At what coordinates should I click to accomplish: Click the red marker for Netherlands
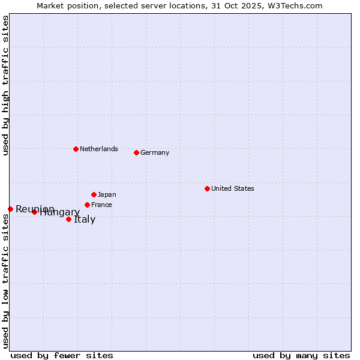(x=76, y=149)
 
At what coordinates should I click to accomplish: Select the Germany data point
(x=136, y=152)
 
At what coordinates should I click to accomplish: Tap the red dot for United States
(x=207, y=188)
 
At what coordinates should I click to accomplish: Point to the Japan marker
(x=94, y=194)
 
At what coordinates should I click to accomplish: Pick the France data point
(x=87, y=205)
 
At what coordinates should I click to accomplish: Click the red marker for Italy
(x=68, y=219)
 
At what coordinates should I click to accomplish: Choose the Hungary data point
(x=34, y=212)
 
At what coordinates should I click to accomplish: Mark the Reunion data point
(x=10, y=209)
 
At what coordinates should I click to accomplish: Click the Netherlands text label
(x=99, y=149)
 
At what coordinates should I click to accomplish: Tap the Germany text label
(x=155, y=152)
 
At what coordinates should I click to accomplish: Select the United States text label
(x=233, y=188)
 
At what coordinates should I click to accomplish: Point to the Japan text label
(x=107, y=194)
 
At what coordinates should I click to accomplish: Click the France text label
(x=101, y=205)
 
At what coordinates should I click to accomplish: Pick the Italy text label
(x=85, y=219)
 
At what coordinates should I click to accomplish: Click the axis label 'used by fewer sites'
(x=62, y=355)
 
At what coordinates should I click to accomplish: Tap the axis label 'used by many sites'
(x=301, y=355)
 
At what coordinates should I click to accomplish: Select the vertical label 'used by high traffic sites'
(x=5, y=86)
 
